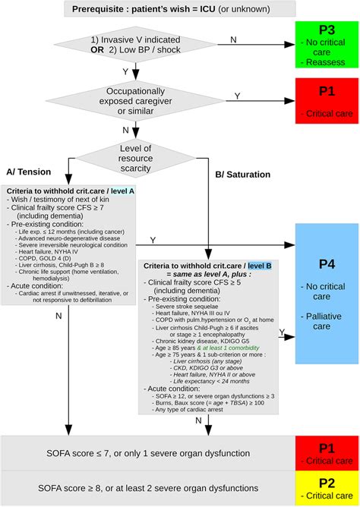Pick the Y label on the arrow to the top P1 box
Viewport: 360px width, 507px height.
pos(236,96)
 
